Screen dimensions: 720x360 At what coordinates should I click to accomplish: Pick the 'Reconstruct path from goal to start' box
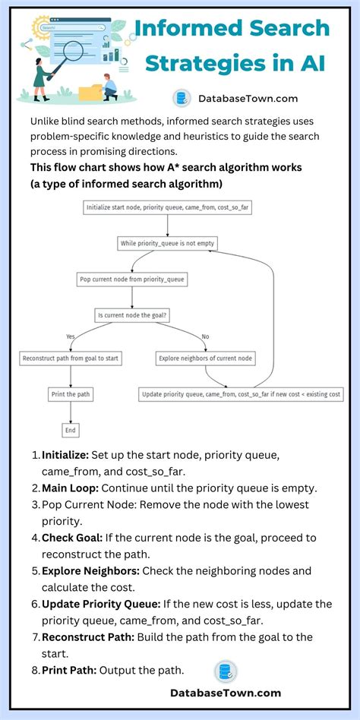[x=71, y=358]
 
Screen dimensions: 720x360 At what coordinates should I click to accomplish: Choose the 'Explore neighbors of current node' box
[x=206, y=358]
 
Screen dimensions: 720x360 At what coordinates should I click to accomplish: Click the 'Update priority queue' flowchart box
[x=241, y=394]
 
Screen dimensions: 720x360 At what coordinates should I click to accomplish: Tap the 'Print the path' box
[x=71, y=394]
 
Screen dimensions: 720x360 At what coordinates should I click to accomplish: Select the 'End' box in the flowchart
[x=71, y=430]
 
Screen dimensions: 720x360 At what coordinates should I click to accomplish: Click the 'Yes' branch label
[x=71, y=336]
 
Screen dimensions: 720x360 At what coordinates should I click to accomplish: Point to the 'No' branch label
[x=206, y=336]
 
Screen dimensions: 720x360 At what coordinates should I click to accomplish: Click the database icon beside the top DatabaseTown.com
[x=181, y=98]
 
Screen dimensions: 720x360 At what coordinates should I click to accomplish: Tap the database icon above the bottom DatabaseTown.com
[x=226, y=671]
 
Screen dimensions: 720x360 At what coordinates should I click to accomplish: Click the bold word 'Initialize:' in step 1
[x=65, y=455]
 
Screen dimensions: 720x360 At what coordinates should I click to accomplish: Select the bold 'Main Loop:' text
[x=74, y=488]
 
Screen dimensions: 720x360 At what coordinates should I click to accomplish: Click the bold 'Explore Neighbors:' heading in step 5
[x=90, y=570]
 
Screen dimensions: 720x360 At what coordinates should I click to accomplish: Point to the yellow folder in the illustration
[x=90, y=93]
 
